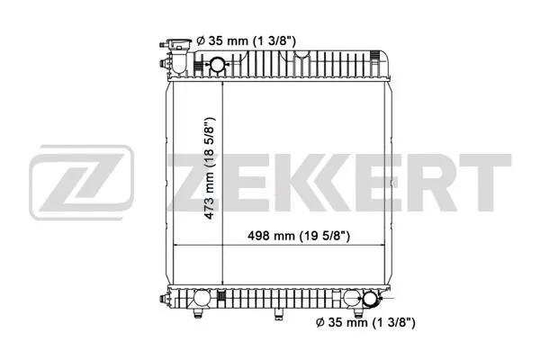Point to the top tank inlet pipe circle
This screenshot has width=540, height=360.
click(x=218, y=64)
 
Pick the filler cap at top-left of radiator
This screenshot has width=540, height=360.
click(x=176, y=42)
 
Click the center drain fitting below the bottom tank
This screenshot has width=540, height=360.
click(x=278, y=313)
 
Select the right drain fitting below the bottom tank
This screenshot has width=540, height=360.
click(x=357, y=313)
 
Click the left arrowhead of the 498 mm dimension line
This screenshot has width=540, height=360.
click(x=176, y=246)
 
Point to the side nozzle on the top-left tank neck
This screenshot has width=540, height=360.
click(x=163, y=63)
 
